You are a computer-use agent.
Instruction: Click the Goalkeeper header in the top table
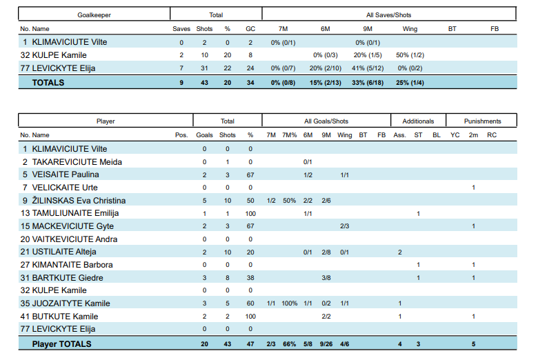click(x=94, y=14)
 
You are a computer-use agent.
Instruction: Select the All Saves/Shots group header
click(x=389, y=14)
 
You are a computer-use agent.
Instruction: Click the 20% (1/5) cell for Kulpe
click(x=368, y=54)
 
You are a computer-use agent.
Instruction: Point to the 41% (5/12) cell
click(x=368, y=68)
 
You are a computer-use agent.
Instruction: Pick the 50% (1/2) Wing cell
click(x=410, y=54)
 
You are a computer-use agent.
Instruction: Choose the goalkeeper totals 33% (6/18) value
click(x=368, y=83)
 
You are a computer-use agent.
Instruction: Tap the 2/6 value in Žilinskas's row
click(x=326, y=201)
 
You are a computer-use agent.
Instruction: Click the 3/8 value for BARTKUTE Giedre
click(x=326, y=278)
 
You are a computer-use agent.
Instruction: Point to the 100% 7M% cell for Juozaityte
click(x=290, y=303)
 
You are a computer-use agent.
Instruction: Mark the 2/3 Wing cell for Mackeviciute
click(x=344, y=226)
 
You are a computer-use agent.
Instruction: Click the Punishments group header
click(x=482, y=121)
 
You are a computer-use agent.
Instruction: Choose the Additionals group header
click(x=418, y=121)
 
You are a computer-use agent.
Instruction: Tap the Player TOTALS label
click(x=61, y=343)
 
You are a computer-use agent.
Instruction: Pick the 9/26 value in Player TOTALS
click(x=326, y=343)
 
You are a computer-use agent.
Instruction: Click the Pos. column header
click(x=181, y=135)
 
